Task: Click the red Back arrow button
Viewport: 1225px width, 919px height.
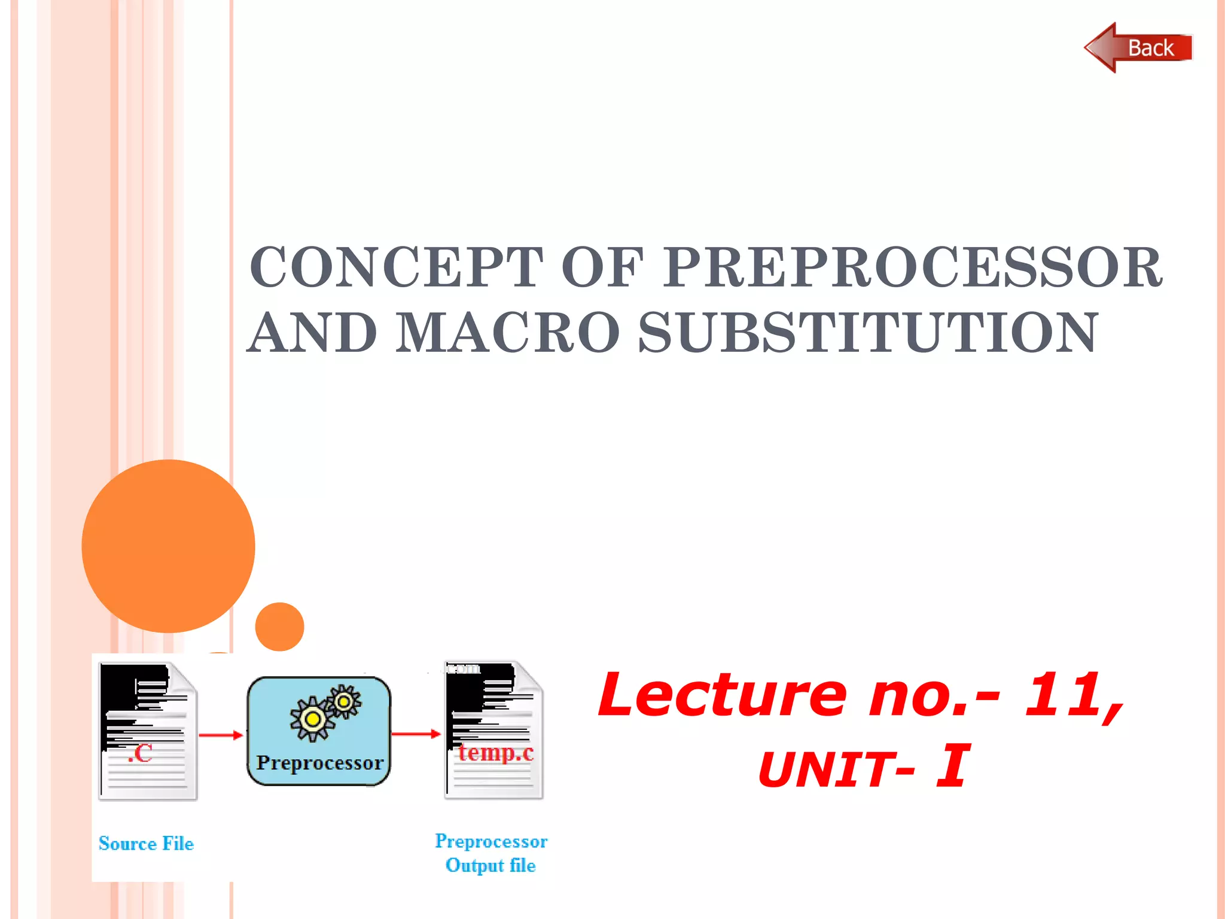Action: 1138,48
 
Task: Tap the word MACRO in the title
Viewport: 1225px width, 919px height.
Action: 507,333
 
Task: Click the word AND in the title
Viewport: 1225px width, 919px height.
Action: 312,333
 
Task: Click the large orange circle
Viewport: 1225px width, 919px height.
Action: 168,546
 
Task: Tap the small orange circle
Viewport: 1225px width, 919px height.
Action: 279,626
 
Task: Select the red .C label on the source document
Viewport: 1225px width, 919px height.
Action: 140,753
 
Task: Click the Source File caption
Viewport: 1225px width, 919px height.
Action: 146,844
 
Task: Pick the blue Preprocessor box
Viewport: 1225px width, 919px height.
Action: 319,731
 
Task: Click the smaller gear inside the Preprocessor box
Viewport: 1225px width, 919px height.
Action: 344,701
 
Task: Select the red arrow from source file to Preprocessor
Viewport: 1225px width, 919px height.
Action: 221,735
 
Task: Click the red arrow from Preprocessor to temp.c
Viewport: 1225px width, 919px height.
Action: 416,734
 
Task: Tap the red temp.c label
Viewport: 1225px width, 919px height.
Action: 496,753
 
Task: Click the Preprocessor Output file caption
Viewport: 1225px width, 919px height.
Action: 490,853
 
